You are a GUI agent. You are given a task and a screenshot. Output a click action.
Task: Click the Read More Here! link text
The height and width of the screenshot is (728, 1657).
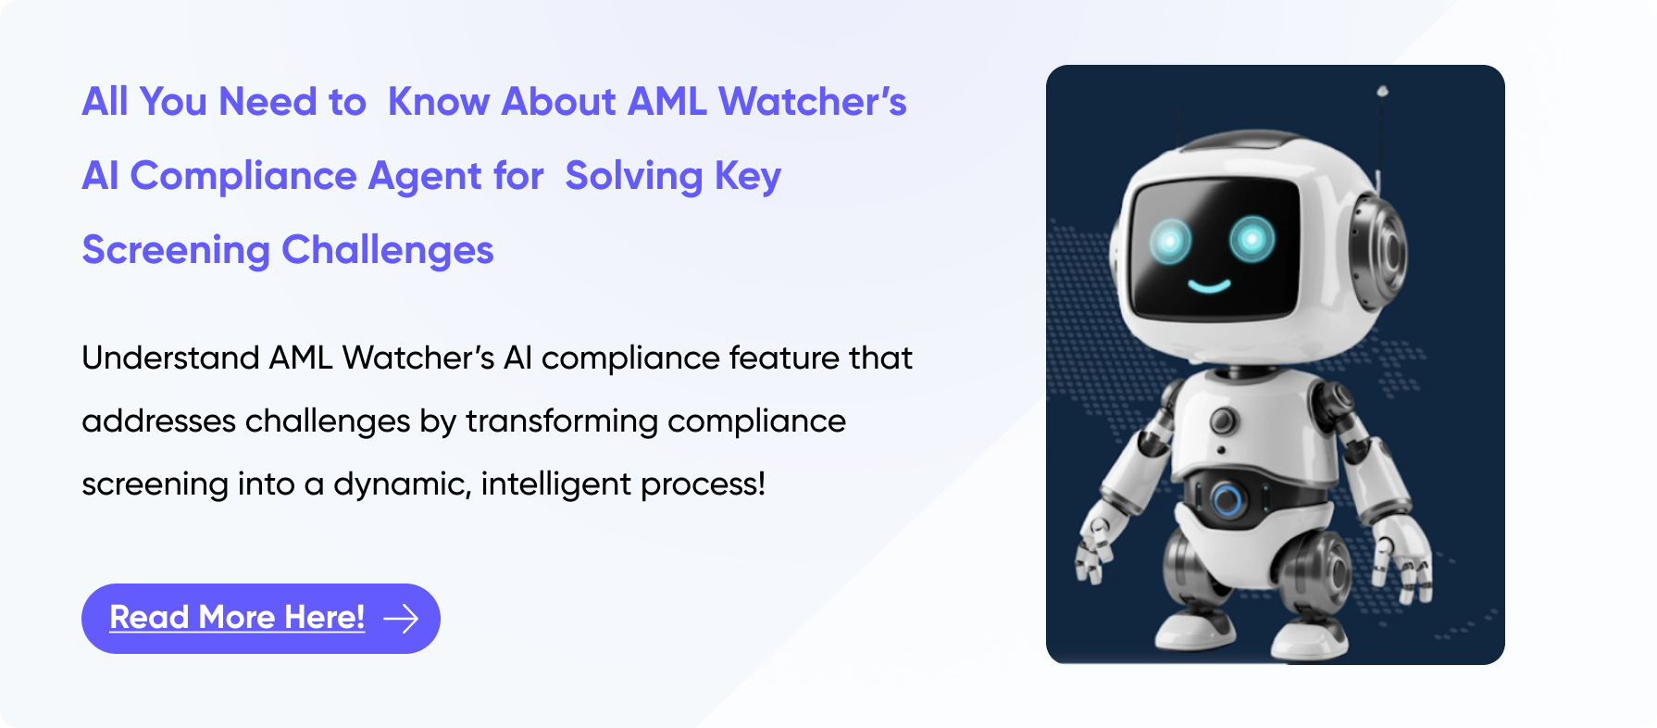tap(237, 618)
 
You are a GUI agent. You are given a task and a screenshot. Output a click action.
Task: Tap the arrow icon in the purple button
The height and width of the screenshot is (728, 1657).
tap(401, 619)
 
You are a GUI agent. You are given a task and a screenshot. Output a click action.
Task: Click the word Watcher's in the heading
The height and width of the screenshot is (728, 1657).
tap(813, 102)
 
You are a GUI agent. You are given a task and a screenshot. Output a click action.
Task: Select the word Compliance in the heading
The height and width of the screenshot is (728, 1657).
tap(243, 177)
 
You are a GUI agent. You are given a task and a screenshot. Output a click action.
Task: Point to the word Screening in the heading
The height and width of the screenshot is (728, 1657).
tap(176, 251)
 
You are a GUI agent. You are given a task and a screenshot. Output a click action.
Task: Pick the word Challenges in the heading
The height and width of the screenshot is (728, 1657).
tap(387, 251)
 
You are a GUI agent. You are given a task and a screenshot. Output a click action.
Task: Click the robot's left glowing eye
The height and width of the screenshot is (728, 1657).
tap(1170, 242)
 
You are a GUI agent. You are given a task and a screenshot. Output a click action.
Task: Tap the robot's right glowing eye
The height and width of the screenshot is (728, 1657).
tap(1252, 239)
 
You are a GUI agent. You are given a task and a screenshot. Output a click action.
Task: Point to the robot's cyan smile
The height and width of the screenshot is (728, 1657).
tap(1209, 285)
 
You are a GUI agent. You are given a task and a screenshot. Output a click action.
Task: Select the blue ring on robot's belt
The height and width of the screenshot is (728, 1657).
tap(1227, 500)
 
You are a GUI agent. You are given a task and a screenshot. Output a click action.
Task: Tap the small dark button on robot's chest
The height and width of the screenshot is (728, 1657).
tap(1223, 420)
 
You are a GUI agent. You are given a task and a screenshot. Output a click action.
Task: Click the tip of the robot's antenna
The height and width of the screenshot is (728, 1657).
tap(1382, 91)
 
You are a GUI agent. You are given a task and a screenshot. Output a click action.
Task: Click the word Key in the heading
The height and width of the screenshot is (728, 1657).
tap(748, 177)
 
